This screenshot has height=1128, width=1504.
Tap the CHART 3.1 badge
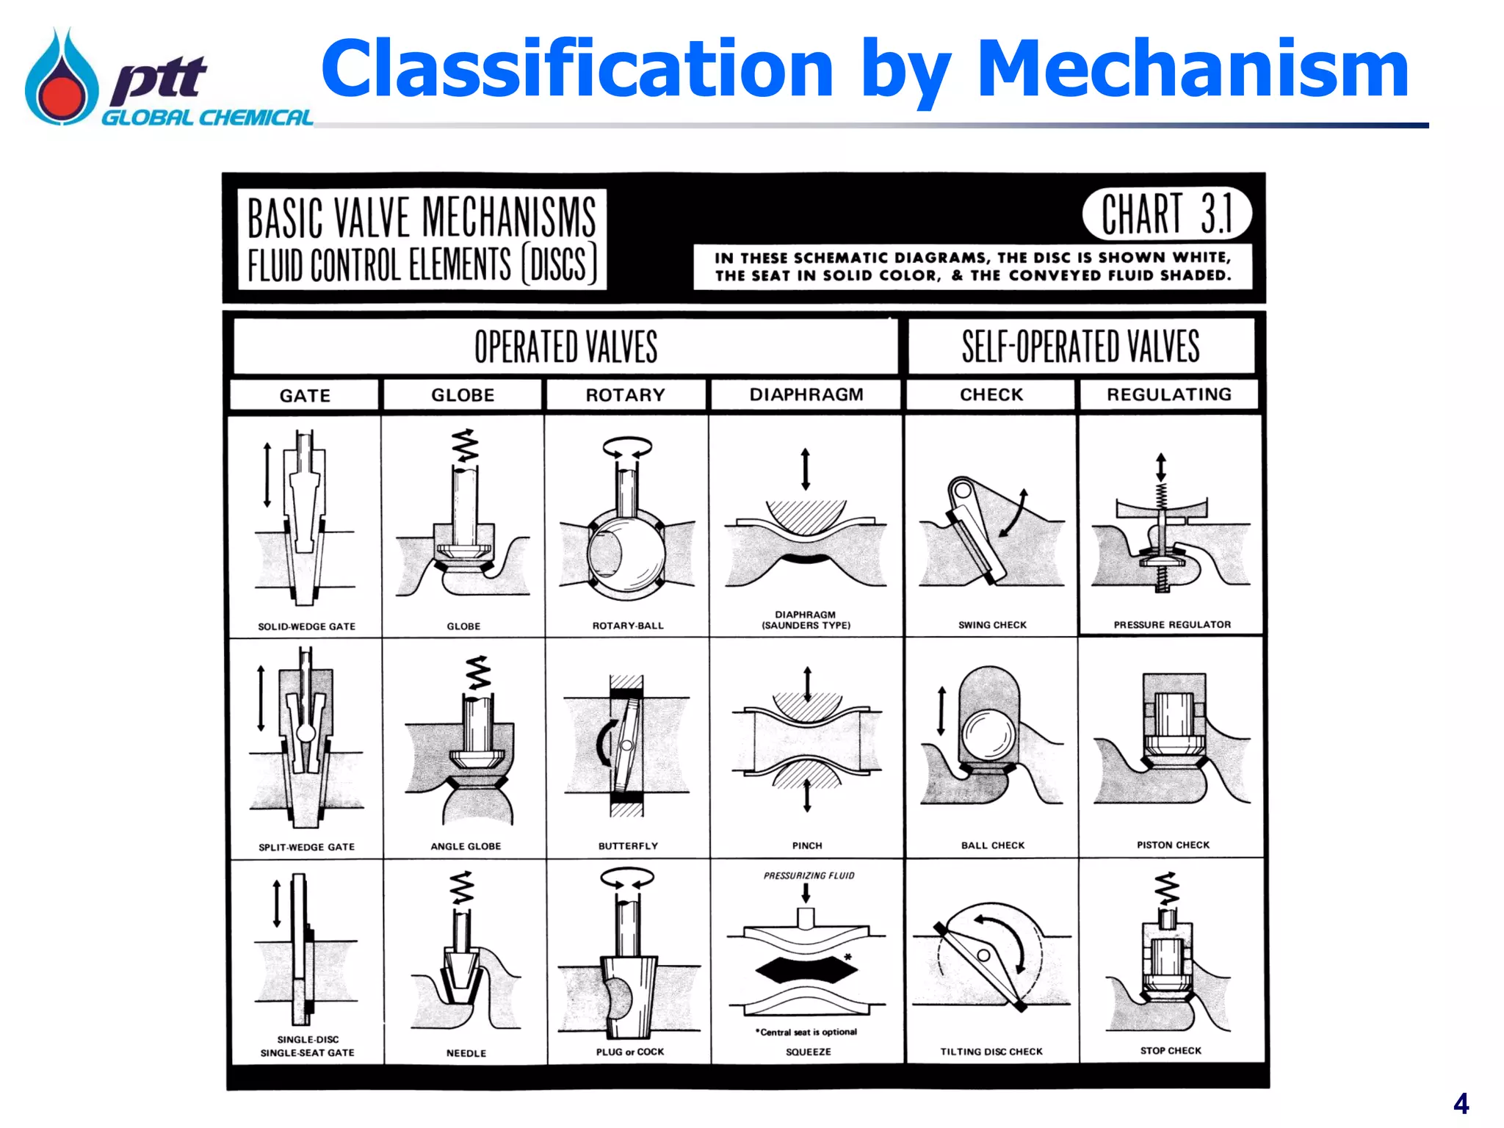1166,214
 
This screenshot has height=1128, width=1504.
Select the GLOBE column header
463,395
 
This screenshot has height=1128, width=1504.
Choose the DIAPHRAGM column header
806,394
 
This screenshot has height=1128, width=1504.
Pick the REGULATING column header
1168,394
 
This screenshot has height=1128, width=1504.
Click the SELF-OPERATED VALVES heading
1080,347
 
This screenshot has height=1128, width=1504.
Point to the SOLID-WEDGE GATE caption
306,626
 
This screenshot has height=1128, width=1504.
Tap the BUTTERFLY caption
628,846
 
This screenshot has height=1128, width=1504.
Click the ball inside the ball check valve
989,734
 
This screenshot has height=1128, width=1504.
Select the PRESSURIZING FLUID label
809,875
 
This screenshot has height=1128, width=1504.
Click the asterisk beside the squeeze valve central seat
847,957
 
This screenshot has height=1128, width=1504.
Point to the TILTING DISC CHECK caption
991,1052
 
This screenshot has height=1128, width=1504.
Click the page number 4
1461,1104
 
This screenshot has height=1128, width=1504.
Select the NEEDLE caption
466,1053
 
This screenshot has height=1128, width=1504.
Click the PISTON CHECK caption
1173,845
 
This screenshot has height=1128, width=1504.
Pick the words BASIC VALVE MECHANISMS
422,218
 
